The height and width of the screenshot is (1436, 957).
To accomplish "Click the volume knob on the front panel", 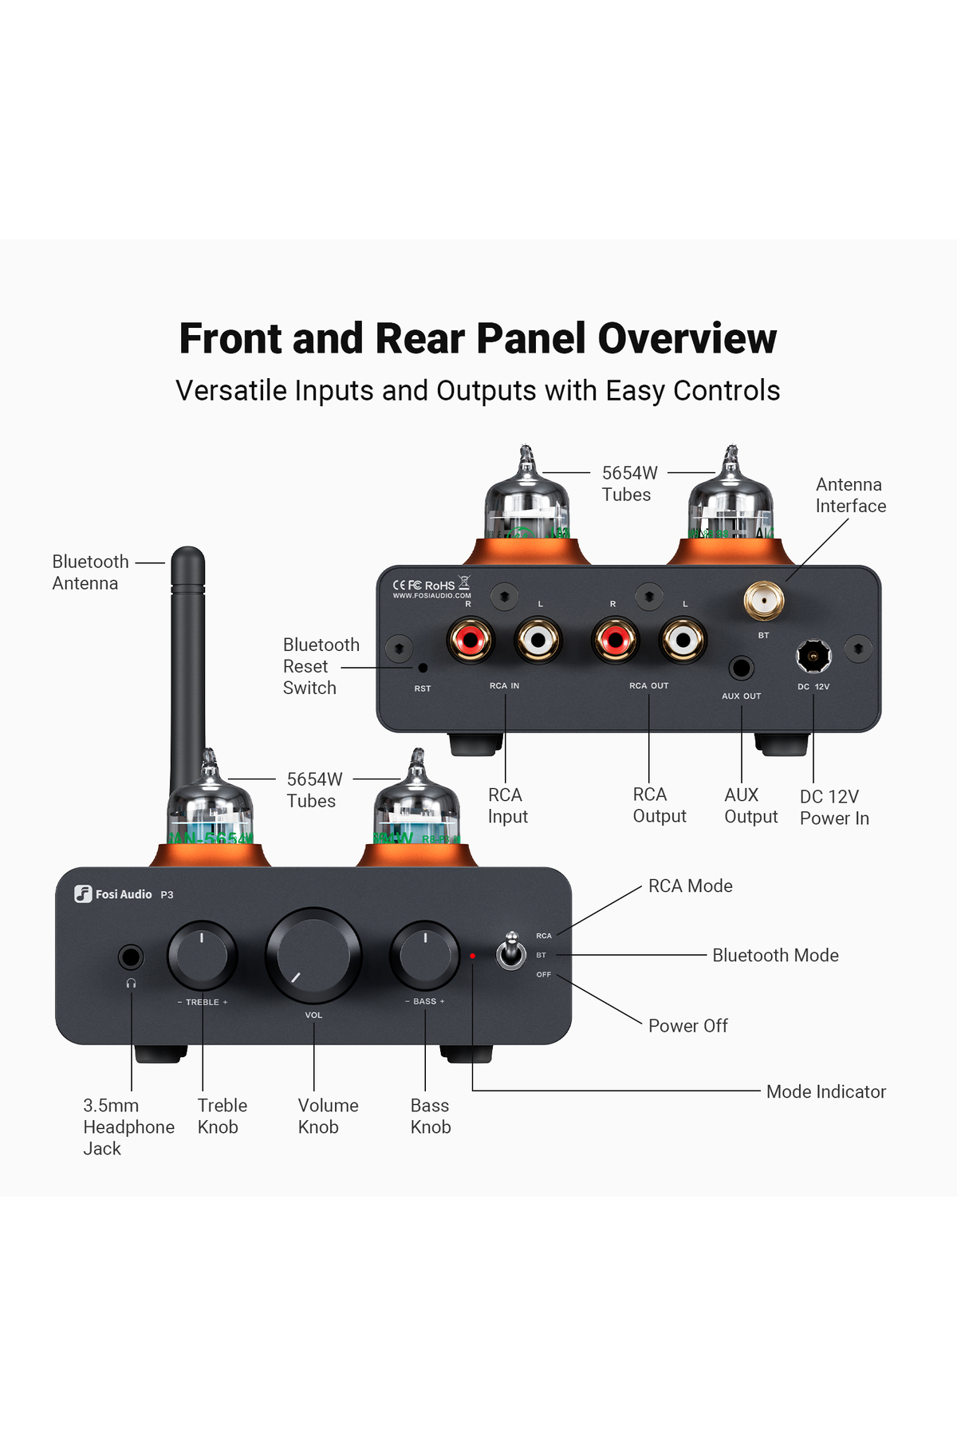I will click(313, 955).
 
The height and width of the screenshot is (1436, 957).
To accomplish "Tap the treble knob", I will click(202, 955).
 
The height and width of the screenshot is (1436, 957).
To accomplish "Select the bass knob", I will click(425, 954).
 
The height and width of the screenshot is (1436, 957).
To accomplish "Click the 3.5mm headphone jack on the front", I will click(131, 957).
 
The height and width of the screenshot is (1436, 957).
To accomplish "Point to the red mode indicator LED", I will click(472, 956).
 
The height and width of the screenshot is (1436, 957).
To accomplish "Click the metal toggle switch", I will click(511, 952).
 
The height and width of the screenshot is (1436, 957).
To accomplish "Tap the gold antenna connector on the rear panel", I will click(763, 600).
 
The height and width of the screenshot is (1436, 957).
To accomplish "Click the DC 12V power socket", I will click(813, 657).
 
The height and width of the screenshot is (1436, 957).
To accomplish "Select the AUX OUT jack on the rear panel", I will click(742, 668).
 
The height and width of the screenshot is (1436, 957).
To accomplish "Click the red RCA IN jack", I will click(470, 639).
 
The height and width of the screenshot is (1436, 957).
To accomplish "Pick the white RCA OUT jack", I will click(683, 639).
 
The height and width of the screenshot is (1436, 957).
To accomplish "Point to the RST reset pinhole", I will click(423, 668).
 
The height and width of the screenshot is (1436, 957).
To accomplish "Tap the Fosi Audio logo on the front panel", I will click(114, 894).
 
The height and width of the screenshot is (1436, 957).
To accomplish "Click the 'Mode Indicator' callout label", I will click(825, 1091).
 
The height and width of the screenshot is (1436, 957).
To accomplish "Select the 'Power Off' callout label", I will click(687, 1026).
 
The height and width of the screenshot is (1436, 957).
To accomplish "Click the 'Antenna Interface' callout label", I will click(850, 495).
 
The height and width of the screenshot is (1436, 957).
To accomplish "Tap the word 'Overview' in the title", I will click(687, 338).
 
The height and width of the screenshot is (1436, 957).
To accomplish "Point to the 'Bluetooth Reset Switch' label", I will click(321, 666).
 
